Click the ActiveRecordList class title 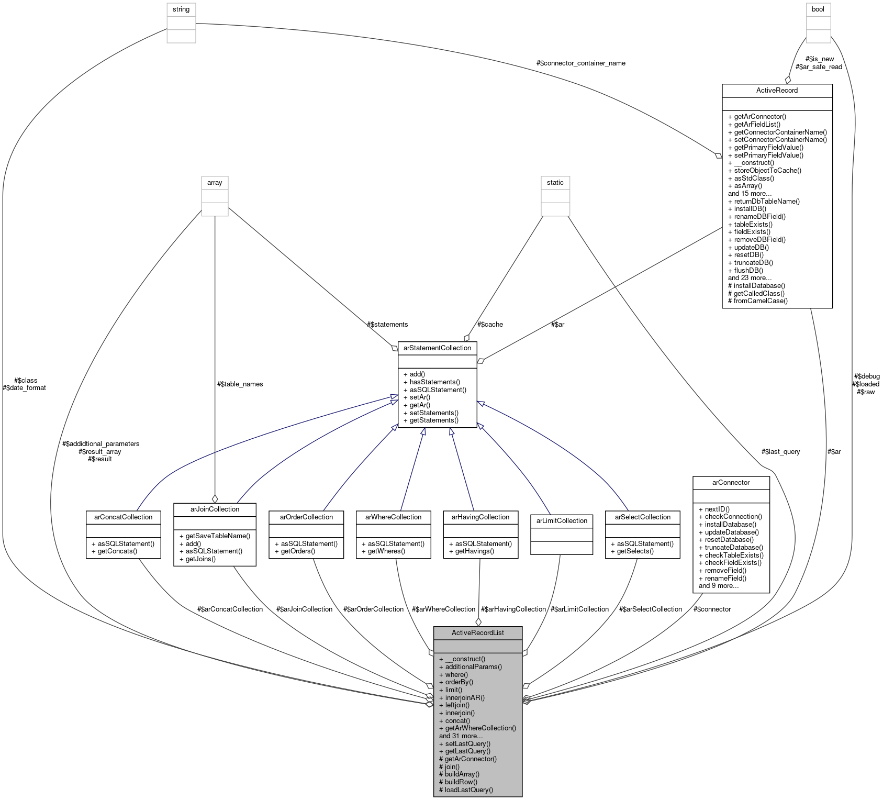point(477,632)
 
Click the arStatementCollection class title point(437,348)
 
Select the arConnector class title point(731,482)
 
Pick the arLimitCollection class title point(562,520)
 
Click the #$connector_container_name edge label point(580,63)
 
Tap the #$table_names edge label point(240,384)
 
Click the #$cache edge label point(490,325)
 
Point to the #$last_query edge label point(780,452)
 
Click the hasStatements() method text point(434,382)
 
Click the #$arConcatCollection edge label point(230,609)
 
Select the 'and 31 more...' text point(461,736)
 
